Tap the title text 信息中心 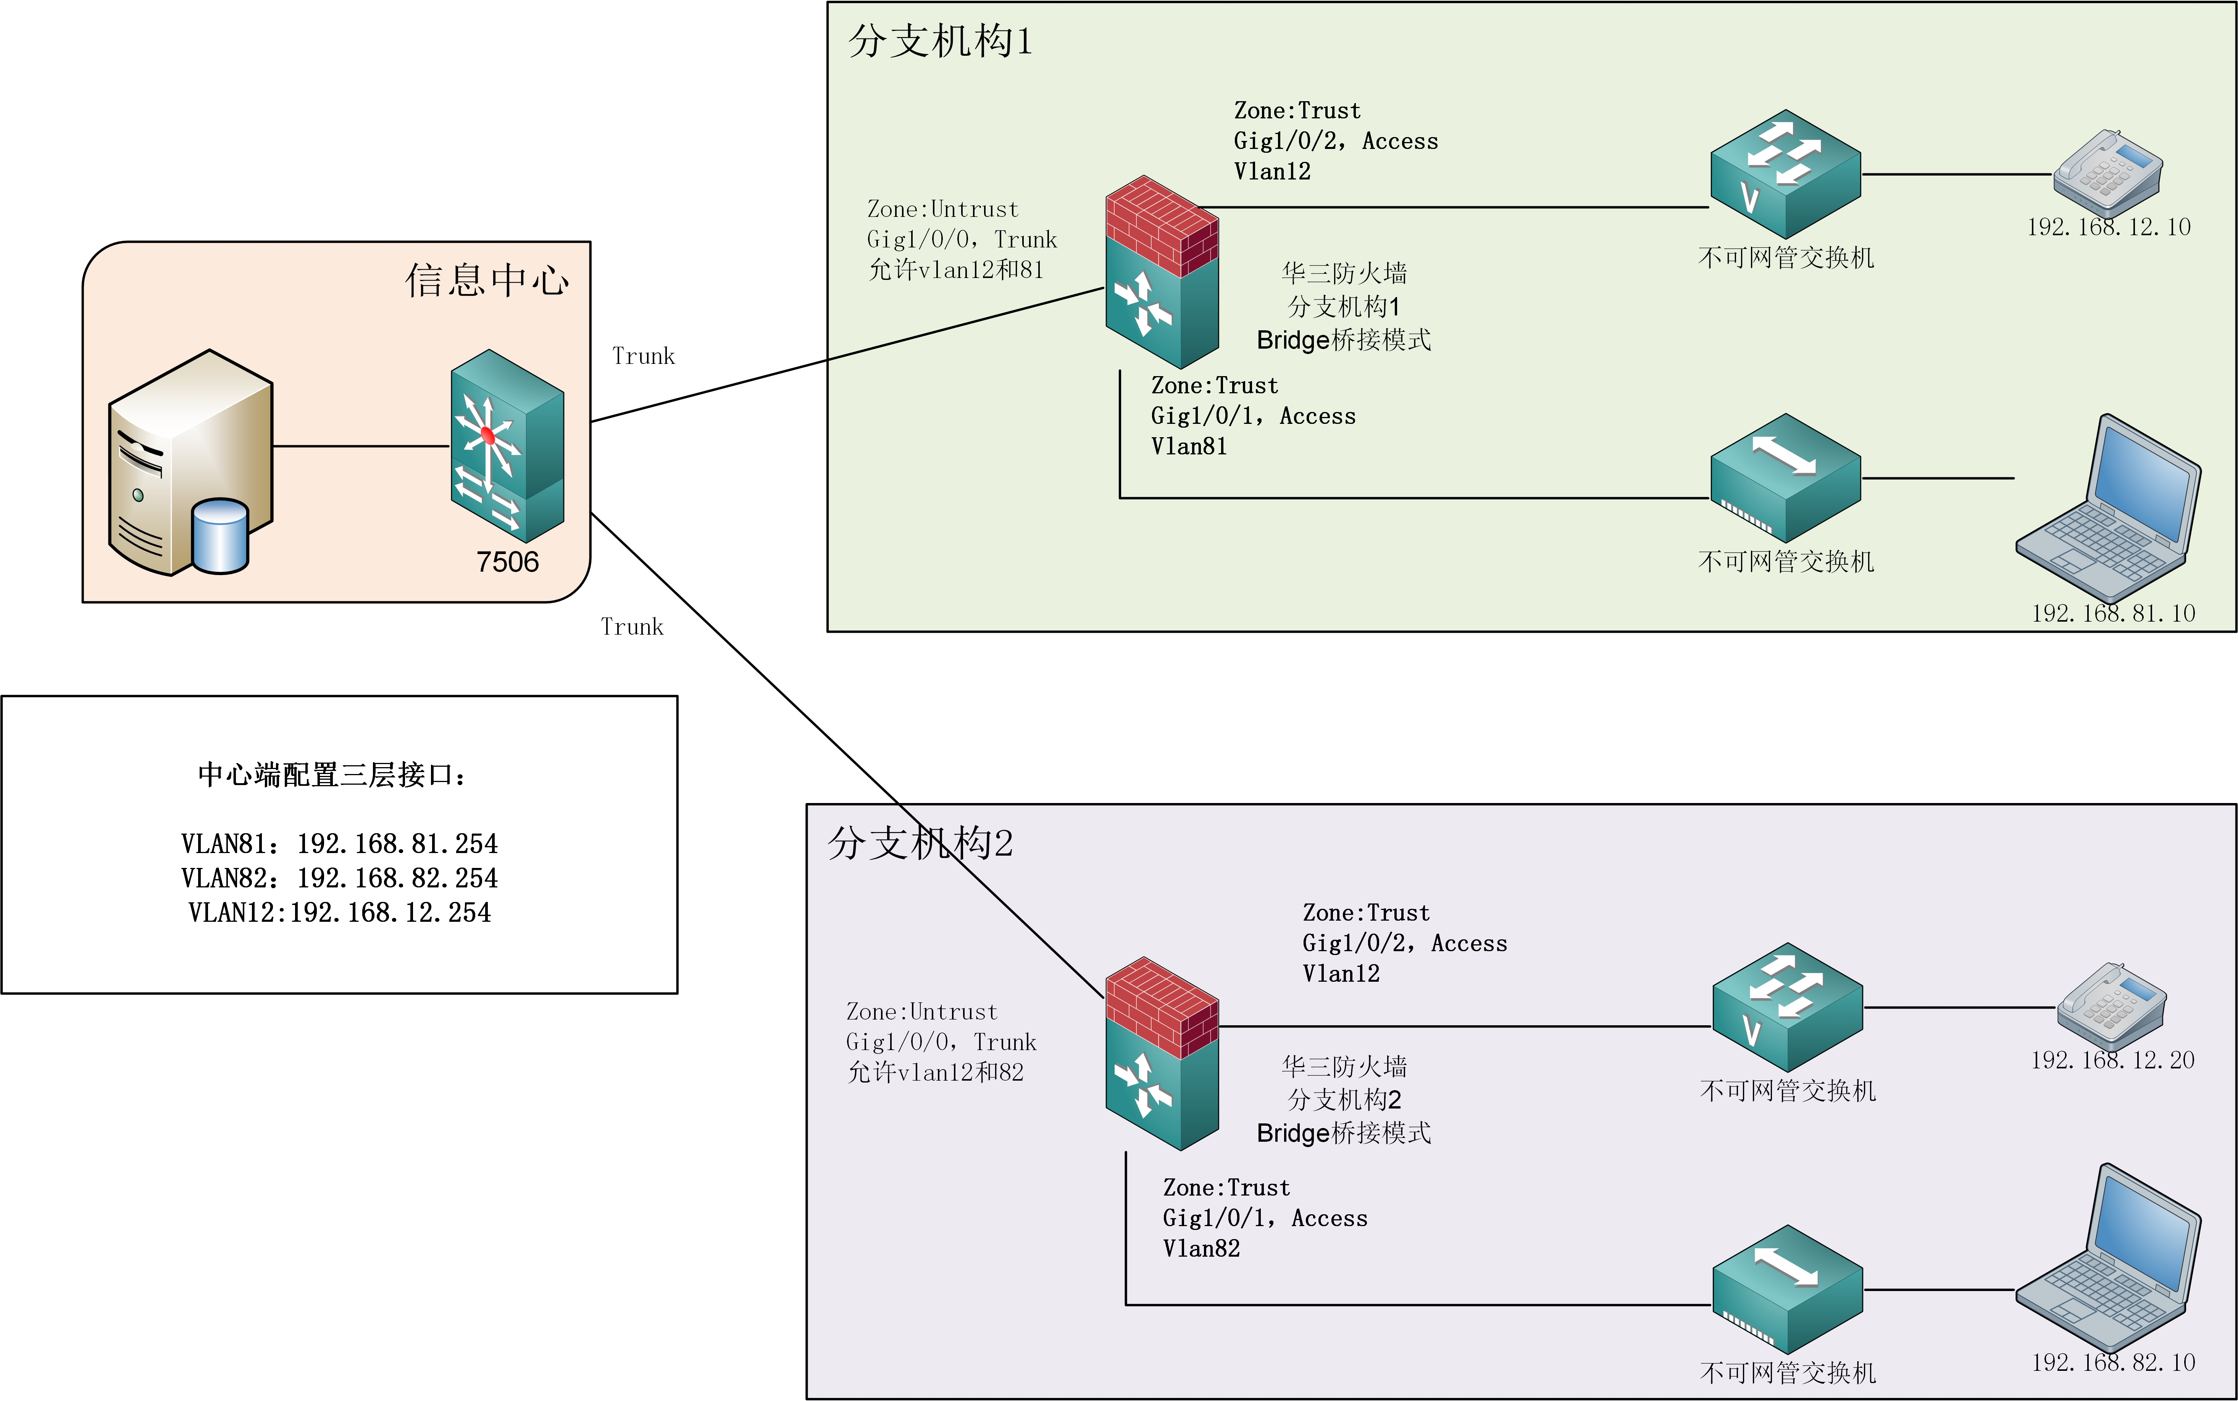[486, 280]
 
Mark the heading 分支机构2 [920, 843]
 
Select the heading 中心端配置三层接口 [332, 775]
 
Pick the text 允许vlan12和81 [956, 270]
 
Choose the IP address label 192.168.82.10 [2113, 1362]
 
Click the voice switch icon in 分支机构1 [1785, 174]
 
